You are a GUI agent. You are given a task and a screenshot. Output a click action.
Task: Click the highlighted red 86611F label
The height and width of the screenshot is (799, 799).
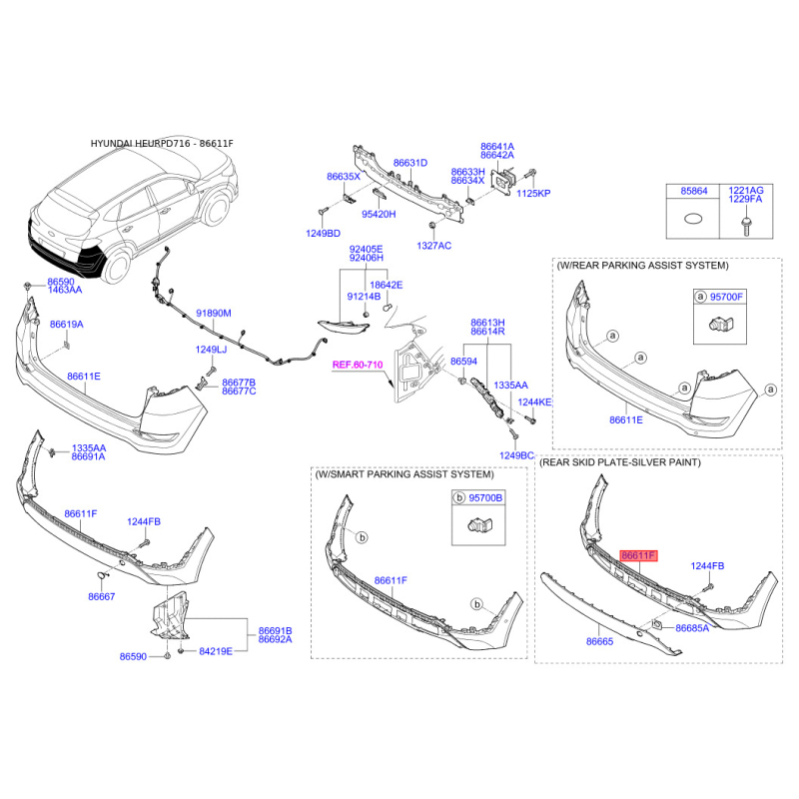(x=638, y=555)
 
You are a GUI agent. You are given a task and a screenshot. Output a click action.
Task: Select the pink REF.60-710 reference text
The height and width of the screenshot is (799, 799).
(x=358, y=365)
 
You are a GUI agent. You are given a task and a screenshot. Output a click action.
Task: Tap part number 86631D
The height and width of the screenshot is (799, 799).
(x=410, y=163)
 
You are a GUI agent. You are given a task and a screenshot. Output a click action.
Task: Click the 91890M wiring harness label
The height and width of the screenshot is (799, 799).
(x=214, y=313)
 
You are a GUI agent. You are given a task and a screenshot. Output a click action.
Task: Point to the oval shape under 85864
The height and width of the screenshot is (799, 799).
(x=692, y=219)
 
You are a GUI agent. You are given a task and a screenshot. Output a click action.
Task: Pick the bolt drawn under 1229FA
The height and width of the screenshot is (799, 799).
(x=745, y=226)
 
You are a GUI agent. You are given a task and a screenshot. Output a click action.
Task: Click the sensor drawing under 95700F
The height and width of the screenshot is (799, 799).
(x=720, y=324)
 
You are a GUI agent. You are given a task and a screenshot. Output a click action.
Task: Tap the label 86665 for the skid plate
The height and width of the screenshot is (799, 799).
(x=600, y=641)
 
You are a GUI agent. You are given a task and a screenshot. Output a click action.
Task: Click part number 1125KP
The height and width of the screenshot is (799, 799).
(x=533, y=193)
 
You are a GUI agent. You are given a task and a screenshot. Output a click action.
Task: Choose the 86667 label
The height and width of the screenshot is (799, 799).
(x=102, y=596)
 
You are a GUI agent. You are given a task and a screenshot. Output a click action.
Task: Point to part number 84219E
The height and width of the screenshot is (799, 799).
(x=216, y=651)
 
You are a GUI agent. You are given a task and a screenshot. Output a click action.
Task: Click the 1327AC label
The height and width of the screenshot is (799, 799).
(x=434, y=246)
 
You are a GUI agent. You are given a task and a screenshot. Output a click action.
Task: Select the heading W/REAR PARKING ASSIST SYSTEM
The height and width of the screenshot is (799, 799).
(x=642, y=266)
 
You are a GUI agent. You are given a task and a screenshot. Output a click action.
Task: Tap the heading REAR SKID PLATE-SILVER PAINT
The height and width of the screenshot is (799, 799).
(x=620, y=462)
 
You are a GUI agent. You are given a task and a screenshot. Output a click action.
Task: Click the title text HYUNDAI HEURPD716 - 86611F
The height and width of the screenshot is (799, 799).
(x=162, y=144)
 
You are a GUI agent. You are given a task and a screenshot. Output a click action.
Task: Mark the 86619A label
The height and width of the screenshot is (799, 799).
(x=66, y=324)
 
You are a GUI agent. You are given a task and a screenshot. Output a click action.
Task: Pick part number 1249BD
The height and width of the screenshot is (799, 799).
(x=323, y=234)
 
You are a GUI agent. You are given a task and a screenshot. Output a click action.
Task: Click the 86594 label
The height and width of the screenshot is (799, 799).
(x=463, y=362)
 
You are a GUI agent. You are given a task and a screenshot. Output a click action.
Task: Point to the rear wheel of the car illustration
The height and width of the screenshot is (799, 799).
(x=117, y=267)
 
